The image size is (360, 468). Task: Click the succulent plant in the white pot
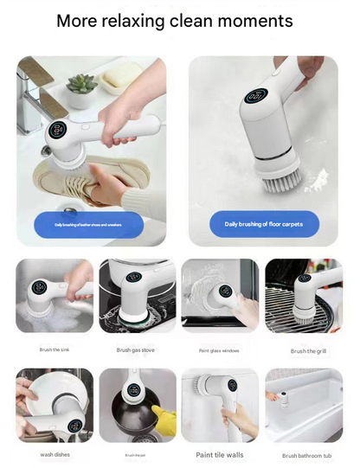point(83,85)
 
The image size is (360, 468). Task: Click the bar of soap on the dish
point(118,80)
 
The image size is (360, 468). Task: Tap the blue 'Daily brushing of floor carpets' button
point(265,224)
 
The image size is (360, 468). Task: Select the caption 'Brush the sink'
point(54,350)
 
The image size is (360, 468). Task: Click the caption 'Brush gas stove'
point(137,350)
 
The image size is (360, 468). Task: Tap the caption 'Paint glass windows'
point(220,350)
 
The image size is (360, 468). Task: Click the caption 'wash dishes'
point(54,454)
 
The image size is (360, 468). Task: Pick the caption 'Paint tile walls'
point(220,454)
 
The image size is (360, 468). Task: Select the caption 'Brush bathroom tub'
point(306,455)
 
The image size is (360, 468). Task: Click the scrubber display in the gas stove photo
point(134,278)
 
